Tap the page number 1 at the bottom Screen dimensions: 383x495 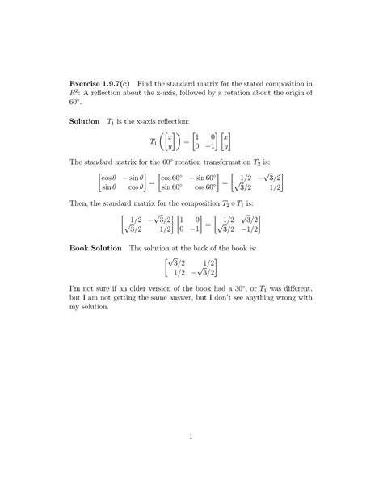pos(191,438)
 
